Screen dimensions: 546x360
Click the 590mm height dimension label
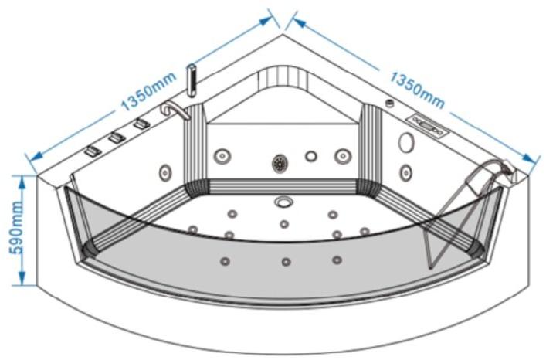click(16, 227)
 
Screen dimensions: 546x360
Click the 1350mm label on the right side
click(417, 90)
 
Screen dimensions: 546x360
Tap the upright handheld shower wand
click(192, 80)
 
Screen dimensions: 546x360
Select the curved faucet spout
click(175, 110)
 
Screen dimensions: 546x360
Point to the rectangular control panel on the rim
click(428, 125)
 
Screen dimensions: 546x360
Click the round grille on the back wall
click(280, 163)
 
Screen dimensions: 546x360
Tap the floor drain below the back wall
click(283, 202)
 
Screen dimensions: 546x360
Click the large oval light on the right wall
click(406, 142)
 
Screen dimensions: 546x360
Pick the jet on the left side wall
click(165, 172)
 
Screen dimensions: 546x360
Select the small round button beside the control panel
click(390, 103)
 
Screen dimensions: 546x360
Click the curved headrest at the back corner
click(283, 78)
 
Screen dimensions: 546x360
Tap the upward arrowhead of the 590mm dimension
click(22, 183)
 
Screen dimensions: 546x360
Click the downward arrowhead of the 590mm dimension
click(22, 279)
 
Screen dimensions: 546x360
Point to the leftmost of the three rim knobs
click(93, 151)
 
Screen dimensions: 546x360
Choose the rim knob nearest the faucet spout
click(142, 124)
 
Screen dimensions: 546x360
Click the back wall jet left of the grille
click(222, 156)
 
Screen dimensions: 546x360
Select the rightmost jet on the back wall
click(343, 156)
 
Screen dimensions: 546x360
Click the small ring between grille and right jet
click(311, 156)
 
